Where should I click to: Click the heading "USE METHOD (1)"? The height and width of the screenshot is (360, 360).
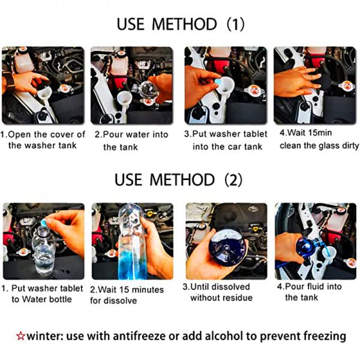[x=181, y=24]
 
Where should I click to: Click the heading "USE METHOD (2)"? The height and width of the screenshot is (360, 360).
[x=178, y=180]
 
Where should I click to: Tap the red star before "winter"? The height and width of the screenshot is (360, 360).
[x=20, y=336]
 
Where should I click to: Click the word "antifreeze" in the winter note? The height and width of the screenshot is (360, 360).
[x=139, y=336]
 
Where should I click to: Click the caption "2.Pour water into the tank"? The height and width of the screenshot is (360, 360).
[x=131, y=140]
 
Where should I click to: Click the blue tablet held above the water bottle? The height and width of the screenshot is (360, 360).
[x=44, y=222]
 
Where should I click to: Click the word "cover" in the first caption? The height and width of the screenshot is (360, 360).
[x=61, y=134]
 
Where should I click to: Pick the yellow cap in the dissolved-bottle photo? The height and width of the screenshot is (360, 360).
[x=255, y=229]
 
